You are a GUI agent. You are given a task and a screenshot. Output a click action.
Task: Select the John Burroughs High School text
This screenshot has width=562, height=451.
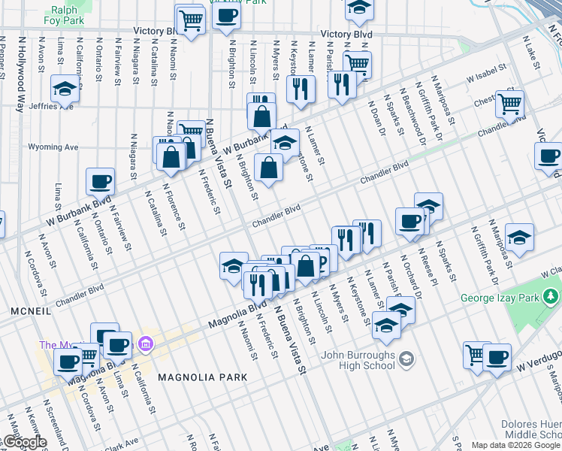coord(358,360)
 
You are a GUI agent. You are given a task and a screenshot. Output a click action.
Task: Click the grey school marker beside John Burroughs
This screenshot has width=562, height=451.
coord(406,356)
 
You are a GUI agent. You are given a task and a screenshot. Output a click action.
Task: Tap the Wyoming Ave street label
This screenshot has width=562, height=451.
coord(54,147)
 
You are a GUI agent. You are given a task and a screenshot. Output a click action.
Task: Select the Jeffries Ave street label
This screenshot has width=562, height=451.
coord(52,106)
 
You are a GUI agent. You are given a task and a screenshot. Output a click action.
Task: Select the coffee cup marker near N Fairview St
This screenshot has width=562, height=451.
coord(100,182)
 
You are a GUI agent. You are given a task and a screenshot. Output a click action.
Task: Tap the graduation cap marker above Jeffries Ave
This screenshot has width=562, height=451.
coord(65,89)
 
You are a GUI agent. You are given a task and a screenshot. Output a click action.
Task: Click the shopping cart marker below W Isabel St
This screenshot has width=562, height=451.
coord(510,104)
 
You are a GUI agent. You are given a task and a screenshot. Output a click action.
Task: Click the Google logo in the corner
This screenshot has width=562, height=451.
coord(24,442)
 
